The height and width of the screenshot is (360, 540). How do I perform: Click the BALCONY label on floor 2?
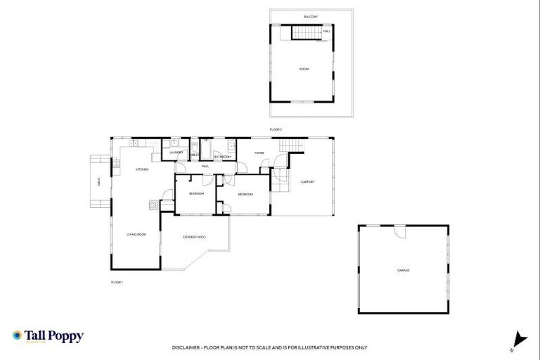coord(311,16)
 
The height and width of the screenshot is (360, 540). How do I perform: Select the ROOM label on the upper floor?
coord(304,69)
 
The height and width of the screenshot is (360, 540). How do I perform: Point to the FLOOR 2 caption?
coord(276,129)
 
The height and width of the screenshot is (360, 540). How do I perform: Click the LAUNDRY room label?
coord(176,152)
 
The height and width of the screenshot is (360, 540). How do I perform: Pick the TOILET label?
coord(194,155)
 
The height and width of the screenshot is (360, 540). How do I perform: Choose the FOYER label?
coord(259,152)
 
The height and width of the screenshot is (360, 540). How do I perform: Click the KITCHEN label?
coord(141,169)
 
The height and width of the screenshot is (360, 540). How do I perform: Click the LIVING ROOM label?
coord(136,234)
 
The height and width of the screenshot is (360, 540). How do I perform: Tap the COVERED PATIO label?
coord(194,237)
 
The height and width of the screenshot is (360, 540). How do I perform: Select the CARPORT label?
coord(308,182)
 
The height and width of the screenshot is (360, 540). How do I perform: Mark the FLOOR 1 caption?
coord(117,282)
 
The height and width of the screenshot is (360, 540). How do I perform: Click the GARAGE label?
coord(403,270)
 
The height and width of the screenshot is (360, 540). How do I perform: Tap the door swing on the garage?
coord(399,232)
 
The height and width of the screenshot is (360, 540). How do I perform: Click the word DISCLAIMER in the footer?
coord(185,347)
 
